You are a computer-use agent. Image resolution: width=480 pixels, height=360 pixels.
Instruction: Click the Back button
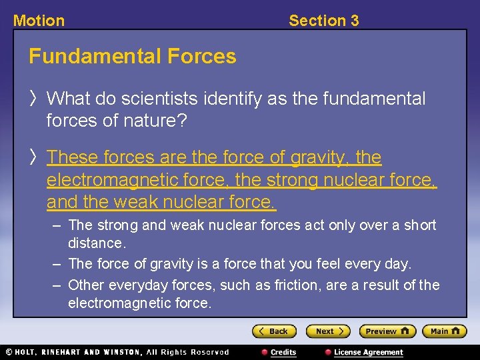pyautogui.click(x=274, y=331)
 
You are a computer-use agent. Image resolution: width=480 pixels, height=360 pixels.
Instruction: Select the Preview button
pyautogui.click(x=387, y=331)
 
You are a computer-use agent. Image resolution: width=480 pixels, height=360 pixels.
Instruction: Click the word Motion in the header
pyautogui.click(x=39, y=21)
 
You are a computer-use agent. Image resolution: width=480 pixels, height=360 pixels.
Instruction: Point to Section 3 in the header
pyautogui.click(x=323, y=21)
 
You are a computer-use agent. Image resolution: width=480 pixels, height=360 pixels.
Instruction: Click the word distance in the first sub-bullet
pyautogui.click(x=96, y=243)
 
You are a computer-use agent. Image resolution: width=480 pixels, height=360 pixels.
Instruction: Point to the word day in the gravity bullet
pyautogui.click(x=395, y=264)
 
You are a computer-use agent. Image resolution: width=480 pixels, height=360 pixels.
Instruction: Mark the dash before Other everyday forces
pyautogui.click(x=57, y=285)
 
